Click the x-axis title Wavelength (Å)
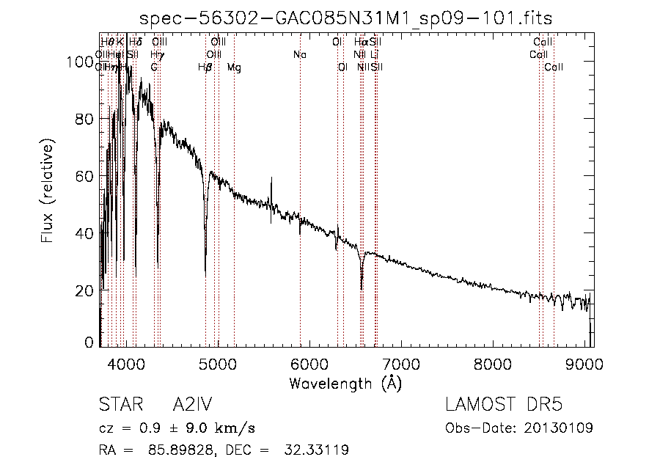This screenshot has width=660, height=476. [345, 382]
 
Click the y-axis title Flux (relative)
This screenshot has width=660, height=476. [48, 193]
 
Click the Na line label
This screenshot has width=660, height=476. [299, 55]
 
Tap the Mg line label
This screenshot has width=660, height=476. [234, 67]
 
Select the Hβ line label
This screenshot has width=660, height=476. [205, 67]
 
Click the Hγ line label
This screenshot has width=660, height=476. [157, 55]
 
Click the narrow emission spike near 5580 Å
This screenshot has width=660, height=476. [271, 178]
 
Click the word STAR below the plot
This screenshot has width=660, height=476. [117, 406]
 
